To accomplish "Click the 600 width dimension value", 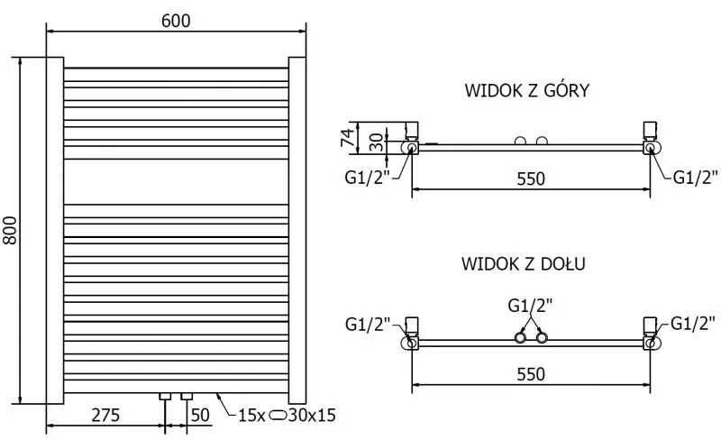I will pyautogui.click(x=177, y=19).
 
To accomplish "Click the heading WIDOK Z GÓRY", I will pyautogui.click(x=527, y=90).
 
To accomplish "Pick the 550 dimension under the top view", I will pyautogui.click(x=530, y=179).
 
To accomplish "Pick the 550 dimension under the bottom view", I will pyautogui.click(x=530, y=375).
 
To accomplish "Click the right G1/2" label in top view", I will pyautogui.click(x=695, y=176).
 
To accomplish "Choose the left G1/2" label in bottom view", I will pyautogui.click(x=367, y=322).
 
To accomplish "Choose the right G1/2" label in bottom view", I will pyautogui.click(x=693, y=322).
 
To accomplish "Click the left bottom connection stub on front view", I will pyautogui.click(x=165, y=396).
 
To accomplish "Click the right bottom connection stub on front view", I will pyautogui.click(x=187, y=396).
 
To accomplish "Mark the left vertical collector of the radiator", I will pyautogui.click(x=53, y=230).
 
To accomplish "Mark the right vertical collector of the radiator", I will pyautogui.click(x=298, y=230).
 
